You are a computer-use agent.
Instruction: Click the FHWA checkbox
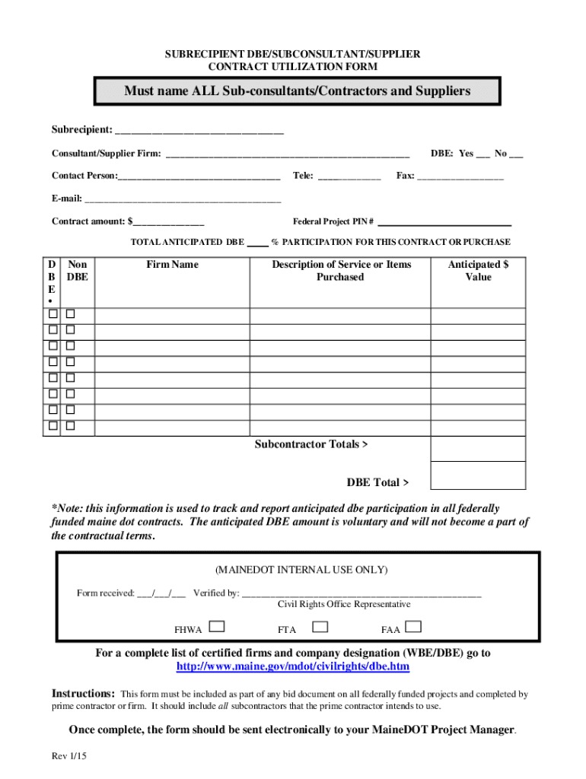click(217, 627)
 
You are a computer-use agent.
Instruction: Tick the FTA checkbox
click(320, 627)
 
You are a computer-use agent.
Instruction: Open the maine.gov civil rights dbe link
click(293, 666)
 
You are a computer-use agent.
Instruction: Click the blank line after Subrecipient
click(199, 130)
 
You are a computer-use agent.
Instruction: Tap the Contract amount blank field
click(169, 222)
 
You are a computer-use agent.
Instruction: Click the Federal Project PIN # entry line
click(444, 222)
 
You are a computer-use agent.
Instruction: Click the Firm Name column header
click(173, 265)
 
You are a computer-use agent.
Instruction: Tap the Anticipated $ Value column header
click(478, 271)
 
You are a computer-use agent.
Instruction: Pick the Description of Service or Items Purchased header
click(341, 271)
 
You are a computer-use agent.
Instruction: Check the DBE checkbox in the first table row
click(53, 314)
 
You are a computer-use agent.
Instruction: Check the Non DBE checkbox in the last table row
click(70, 426)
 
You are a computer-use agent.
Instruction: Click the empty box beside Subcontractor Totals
click(478, 449)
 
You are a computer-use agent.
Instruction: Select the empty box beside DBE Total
click(478, 475)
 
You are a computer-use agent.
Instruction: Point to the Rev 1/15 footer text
click(70, 758)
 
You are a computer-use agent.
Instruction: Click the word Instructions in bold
click(83, 694)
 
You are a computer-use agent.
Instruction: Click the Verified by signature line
click(361, 593)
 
